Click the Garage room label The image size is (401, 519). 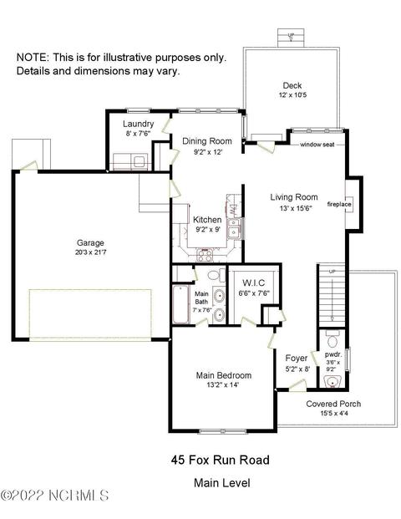tap(90, 242)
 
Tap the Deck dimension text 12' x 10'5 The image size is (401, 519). tap(292, 95)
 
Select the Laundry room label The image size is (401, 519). tap(139, 124)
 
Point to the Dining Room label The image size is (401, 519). tap(207, 141)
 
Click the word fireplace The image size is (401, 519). tap(339, 204)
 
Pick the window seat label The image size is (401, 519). tap(317, 145)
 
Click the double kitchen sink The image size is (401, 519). tap(235, 228)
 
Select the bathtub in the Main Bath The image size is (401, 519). tap(180, 304)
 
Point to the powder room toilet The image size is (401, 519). tap(332, 338)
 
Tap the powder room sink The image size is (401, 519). tap(332, 382)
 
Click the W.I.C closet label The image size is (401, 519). tap(254, 283)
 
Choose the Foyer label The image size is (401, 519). tap(297, 359)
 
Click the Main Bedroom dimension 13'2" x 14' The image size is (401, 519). tap(222, 385)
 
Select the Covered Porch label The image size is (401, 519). tap(333, 404)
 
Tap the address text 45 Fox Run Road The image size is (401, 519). tap(221, 460)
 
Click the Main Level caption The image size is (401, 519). tap(222, 483)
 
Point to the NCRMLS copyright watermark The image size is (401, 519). tap(54, 496)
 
